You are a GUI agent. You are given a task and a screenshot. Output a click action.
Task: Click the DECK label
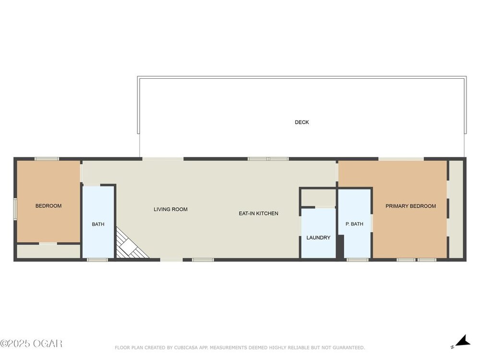[x=301, y=122]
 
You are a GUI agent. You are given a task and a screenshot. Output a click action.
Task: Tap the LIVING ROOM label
[x=170, y=209]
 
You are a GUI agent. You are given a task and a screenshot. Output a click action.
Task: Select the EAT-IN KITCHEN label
[x=258, y=214]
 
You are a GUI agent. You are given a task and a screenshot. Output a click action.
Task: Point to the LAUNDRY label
[x=318, y=238]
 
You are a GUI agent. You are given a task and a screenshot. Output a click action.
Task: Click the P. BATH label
[x=354, y=224]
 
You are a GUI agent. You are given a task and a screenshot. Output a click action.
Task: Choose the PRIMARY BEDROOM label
[x=410, y=206]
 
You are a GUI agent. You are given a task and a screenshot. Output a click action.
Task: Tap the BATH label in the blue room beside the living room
[x=98, y=224]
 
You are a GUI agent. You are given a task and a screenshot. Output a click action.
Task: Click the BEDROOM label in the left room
[x=48, y=206]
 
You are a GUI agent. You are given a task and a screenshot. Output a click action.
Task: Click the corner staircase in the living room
[x=130, y=244]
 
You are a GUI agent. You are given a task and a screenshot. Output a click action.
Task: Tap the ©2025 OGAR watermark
[x=31, y=344]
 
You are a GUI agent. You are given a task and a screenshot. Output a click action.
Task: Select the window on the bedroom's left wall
[x=15, y=209]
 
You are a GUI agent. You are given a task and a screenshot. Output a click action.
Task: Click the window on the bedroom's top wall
[x=47, y=159]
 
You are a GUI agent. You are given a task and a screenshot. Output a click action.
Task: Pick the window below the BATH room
[x=97, y=260]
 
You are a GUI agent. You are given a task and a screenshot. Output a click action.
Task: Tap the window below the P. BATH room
[x=357, y=260]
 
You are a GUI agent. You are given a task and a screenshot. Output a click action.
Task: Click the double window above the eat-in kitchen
[x=268, y=159]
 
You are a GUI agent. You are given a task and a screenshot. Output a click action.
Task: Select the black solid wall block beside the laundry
[x=340, y=247]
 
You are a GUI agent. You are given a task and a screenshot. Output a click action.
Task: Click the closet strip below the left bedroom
[x=48, y=252]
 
